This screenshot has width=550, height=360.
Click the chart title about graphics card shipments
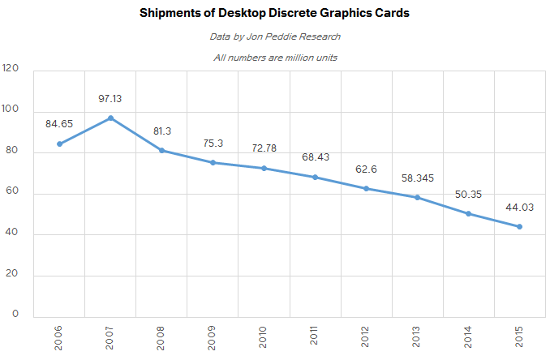click(275, 14)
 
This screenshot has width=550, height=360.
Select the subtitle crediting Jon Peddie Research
click(275, 36)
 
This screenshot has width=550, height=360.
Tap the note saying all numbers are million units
click(275, 58)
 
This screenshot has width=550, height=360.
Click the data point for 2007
click(110, 118)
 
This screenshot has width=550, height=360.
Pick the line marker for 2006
click(59, 144)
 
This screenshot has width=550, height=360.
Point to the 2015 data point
click(519, 227)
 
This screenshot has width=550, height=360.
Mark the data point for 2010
click(264, 169)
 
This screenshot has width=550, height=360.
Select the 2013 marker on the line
click(417, 198)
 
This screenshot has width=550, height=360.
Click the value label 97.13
click(110, 98)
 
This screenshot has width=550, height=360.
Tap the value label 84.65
click(59, 124)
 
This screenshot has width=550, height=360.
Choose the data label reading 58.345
click(417, 178)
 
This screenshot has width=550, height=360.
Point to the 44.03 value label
click(519, 207)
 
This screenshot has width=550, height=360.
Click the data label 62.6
click(366, 169)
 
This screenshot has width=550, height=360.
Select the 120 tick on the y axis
click(11, 69)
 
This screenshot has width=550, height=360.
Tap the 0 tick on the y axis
click(15, 315)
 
